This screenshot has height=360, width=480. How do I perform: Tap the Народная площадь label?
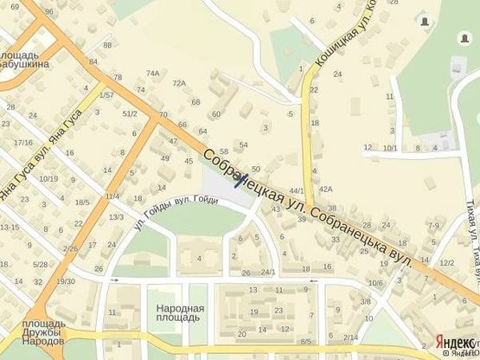click(x=180, y=313)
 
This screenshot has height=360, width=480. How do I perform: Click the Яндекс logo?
click(x=456, y=340)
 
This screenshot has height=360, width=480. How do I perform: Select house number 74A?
click(x=153, y=74)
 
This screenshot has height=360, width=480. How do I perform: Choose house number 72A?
click(x=179, y=83)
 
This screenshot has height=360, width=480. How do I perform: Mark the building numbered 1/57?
click(x=106, y=94)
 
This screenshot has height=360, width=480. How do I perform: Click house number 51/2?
click(x=130, y=113)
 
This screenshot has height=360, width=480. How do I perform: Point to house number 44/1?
click(x=297, y=190)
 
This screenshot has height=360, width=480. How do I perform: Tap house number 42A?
click(x=325, y=188)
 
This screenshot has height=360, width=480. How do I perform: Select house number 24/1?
click(x=269, y=273)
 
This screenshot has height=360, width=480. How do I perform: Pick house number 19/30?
click(x=65, y=281)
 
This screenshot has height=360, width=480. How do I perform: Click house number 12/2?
click(x=446, y=262)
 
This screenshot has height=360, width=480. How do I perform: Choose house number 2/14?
click(x=350, y=337)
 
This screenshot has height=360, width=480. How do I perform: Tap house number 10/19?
click(x=49, y=179)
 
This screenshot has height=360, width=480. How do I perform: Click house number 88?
click(x=107, y=45)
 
